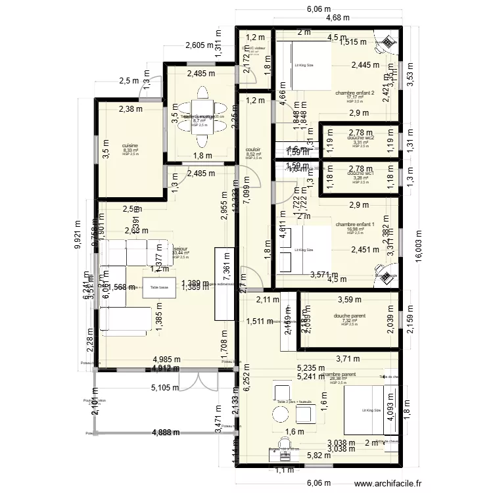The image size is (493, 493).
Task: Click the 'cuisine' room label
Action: (129, 146)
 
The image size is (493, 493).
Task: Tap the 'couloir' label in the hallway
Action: (253, 150)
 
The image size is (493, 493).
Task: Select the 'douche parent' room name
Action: (349, 316)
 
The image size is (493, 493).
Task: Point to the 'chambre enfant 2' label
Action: (354, 93)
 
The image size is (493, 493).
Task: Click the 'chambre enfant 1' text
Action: (354, 224)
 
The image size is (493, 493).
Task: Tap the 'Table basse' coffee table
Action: (160, 287)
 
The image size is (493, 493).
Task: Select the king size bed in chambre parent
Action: (371, 411)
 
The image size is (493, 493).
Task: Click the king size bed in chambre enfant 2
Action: (303, 66)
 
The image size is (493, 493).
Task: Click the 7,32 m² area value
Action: (349, 320)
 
